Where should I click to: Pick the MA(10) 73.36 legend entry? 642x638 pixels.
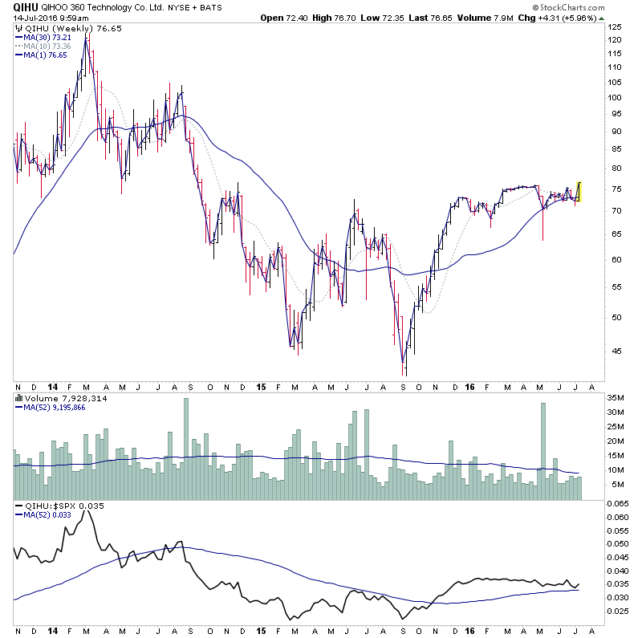46,46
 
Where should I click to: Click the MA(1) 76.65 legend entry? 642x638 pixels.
44,55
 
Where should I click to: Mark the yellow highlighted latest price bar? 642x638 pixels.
580,192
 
